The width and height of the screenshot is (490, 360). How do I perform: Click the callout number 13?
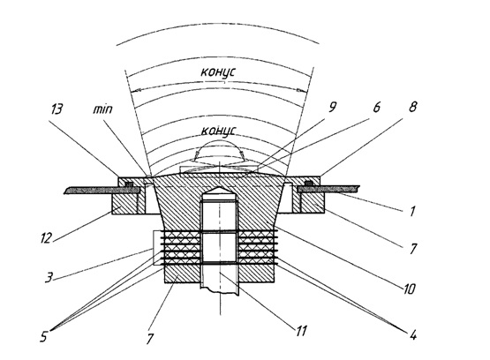57,109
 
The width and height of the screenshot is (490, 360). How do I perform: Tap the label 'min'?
102,109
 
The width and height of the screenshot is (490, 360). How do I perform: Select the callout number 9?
332,107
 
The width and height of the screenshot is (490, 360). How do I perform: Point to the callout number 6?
376,107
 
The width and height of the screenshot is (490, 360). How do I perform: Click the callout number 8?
413,107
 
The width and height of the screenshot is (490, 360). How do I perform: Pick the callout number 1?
412,212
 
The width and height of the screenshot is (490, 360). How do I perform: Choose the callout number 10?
409,289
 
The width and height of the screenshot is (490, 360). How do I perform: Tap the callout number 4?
413,335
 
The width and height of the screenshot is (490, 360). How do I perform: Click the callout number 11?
301,331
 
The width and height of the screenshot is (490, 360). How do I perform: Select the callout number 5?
44,336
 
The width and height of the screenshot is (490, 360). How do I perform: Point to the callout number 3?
49,277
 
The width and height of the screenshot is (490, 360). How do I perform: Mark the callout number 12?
46,238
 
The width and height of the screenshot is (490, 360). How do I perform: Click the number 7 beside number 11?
150,339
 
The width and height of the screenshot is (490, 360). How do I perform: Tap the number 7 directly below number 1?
413,249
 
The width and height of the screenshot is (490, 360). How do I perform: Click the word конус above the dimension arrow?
218,72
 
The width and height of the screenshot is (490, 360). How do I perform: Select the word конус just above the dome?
218,131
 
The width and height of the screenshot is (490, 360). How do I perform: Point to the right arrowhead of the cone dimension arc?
302,91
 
